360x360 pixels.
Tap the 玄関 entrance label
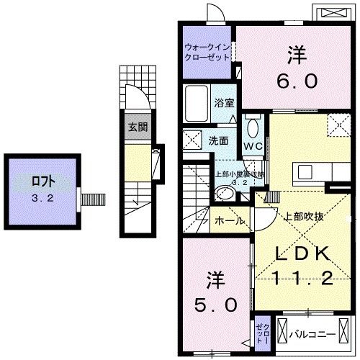click(138, 127)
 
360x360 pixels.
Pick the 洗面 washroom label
click(218, 140)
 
